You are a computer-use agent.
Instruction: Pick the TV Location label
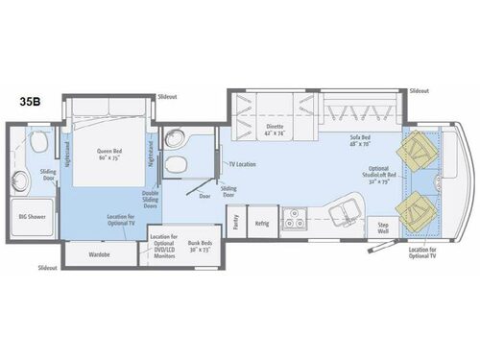[241, 165]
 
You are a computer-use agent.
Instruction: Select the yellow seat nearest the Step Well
[420, 207]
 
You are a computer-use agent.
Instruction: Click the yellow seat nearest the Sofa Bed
[420, 150]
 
